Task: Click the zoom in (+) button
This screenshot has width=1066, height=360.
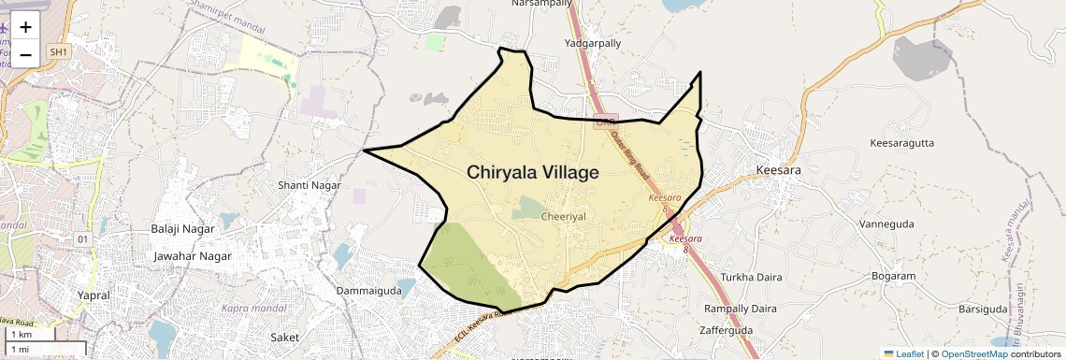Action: [25, 27]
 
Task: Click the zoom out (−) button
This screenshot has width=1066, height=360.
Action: [25, 53]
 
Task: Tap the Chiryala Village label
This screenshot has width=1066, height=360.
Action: [532, 172]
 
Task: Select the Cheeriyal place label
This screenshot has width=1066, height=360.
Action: [563, 216]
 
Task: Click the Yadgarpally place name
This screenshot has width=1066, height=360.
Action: [593, 43]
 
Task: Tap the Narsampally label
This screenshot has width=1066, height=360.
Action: [541, 4]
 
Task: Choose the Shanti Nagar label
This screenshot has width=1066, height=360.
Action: [310, 185]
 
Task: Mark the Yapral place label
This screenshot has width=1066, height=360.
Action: [94, 295]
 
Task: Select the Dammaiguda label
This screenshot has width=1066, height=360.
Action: [368, 291]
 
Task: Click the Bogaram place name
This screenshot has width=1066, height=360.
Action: [893, 276]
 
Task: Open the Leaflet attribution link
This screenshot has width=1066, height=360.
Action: [903, 353]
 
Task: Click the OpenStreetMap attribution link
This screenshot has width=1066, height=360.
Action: [973, 353]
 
